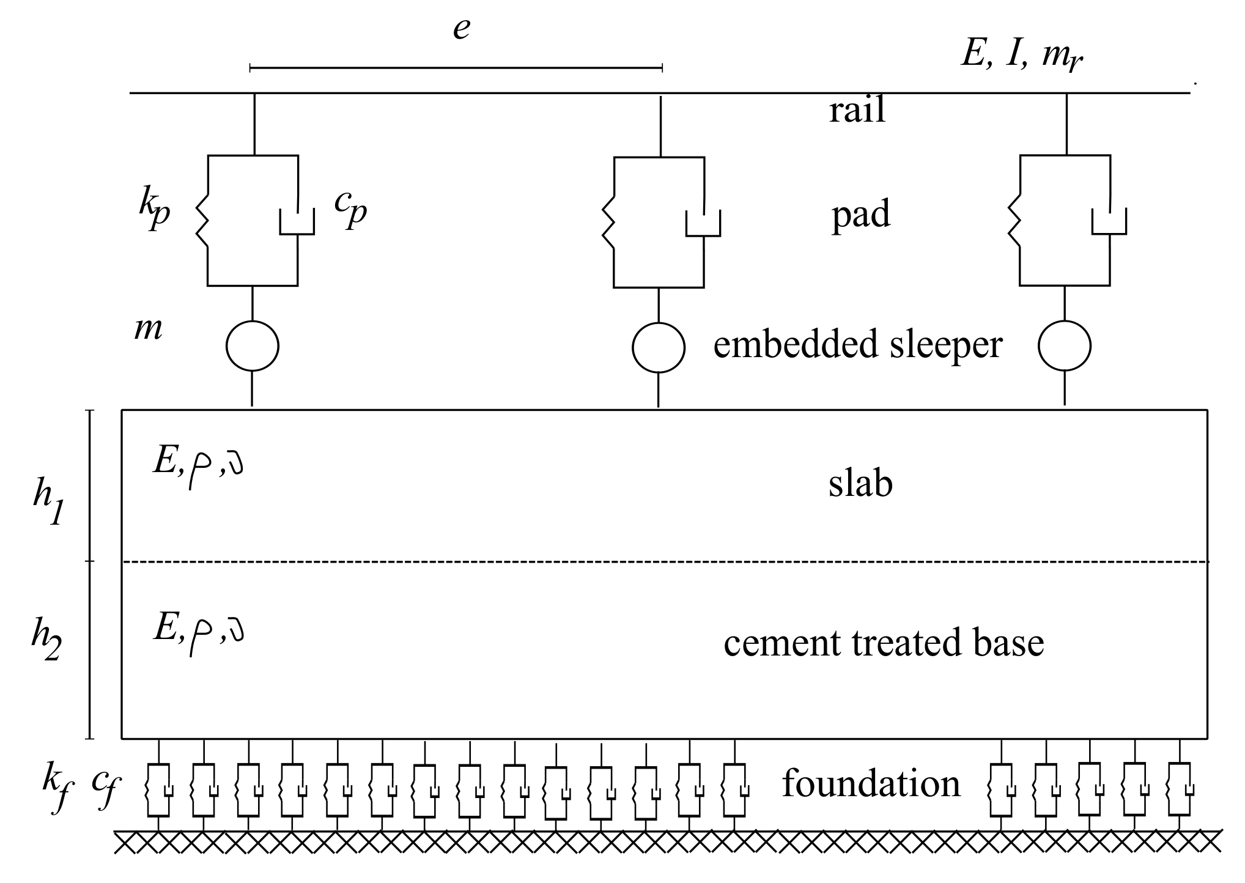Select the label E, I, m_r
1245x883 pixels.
pos(1022,57)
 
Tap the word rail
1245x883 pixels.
pos(857,111)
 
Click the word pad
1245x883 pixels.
pos(860,215)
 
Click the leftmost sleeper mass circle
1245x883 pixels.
pos(253,346)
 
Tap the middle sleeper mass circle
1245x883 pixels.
pos(659,347)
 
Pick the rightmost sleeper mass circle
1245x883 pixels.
pos(1065,346)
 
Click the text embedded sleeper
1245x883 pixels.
pos(857,344)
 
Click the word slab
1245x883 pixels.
pos(860,484)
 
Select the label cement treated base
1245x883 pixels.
pos(884,643)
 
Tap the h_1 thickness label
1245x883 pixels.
pos(48,505)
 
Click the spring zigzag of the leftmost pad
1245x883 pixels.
pos(202,221)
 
